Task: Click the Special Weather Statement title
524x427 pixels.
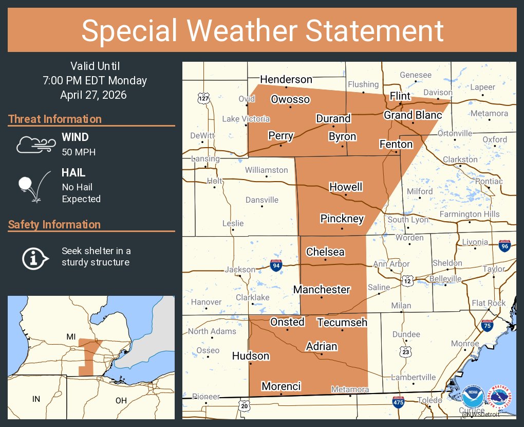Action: (x=262, y=30)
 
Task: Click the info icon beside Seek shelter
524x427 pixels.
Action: (x=34, y=257)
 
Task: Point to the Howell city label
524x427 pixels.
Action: (x=346, y=187)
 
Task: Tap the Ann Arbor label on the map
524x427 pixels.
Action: (x=391, y=264)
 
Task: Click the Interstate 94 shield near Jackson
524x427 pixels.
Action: (x=276, y=265)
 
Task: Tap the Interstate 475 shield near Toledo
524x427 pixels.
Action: (x=398, y=402)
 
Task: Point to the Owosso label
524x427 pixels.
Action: (x=290, y=99)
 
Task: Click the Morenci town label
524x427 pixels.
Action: (x=281, y=386)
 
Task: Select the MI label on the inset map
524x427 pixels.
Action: (x=71, y=336)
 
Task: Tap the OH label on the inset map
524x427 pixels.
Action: (x=121, y=400)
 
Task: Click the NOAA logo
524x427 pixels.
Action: (x=473, y=398)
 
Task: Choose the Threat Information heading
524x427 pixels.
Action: (x=55, y=119)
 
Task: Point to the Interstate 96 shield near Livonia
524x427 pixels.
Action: (x=504, y=246)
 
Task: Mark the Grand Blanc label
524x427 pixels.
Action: (x=413, y=115)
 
